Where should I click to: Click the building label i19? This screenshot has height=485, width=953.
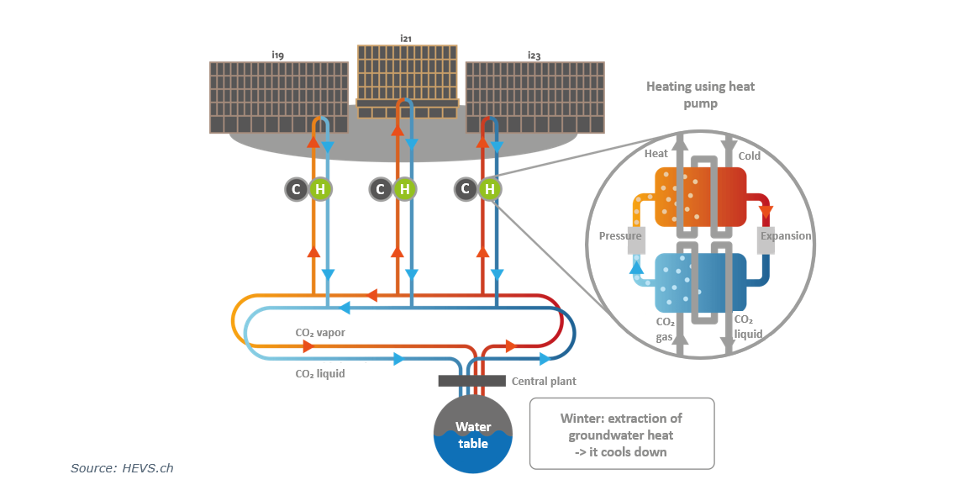point(277,55)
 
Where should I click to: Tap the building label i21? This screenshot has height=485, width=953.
point(406,38)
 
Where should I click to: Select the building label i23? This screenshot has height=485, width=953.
point(534,55)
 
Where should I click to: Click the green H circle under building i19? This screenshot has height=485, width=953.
point(319,189)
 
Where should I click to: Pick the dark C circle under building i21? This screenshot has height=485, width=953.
point(381,189)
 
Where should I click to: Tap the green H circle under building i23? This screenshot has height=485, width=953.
point(490,189)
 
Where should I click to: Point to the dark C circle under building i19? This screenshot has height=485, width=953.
point(295,189)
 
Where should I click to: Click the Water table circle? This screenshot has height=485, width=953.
point(473,434)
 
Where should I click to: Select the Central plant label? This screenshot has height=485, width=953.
point(544,382)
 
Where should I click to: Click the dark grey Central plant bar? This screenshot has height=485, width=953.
point(471,381)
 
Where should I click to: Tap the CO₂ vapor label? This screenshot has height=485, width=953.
point(320,333)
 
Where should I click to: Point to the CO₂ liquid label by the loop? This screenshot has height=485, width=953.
point(320,373)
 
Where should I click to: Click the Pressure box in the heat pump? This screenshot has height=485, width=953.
point(620,236)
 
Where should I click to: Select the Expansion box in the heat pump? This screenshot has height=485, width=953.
point(786,236)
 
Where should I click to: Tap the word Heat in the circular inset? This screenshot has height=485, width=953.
point(656,154)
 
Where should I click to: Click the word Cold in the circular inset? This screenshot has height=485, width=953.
point(749,156)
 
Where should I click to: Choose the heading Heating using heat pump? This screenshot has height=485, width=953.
point(700,95)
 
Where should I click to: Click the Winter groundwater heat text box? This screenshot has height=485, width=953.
point(621,434)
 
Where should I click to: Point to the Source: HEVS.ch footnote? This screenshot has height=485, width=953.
point(122,468)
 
